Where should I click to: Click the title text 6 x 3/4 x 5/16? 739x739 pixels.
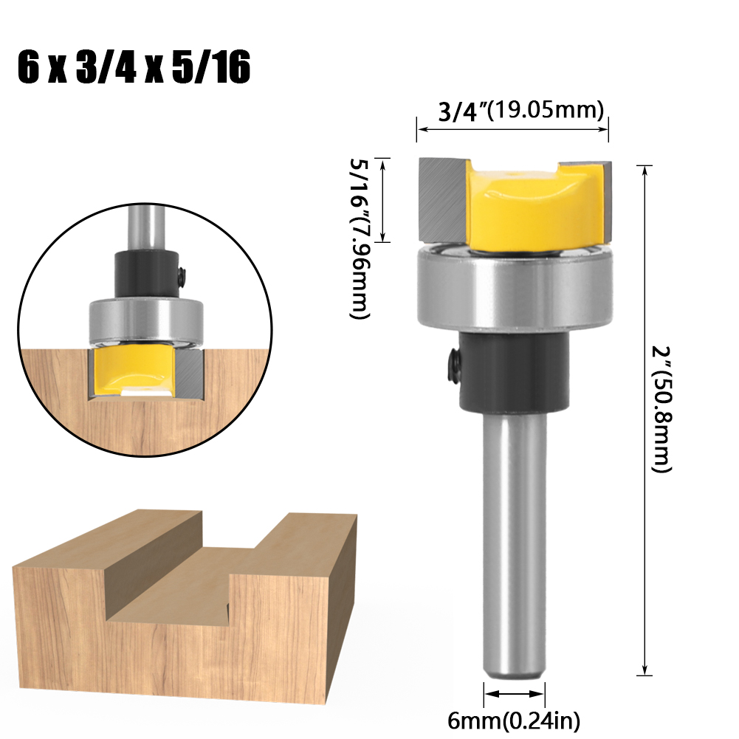pos(134,68)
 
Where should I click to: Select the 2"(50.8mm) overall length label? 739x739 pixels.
pos(661,410)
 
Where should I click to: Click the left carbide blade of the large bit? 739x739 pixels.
pos(442,199)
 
